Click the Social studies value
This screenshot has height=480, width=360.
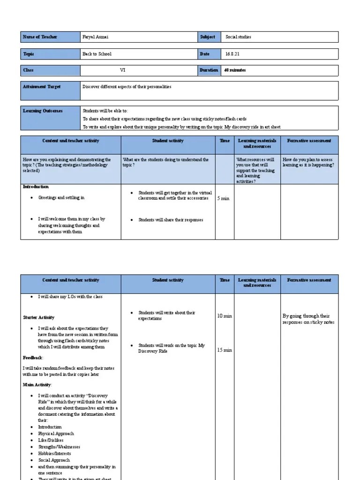(238, 37)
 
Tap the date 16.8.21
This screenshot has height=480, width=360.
(232, 54)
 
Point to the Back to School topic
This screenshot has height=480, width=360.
(97, 54)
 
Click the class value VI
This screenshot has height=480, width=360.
(123, 70)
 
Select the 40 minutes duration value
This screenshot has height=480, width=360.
(235, 70)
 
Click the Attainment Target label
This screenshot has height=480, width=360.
(42, 87)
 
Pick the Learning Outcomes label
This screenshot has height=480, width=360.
(43, 111)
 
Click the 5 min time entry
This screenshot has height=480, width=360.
(224, 199)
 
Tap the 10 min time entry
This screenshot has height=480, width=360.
(224, 316)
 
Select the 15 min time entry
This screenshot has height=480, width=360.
(224, 350)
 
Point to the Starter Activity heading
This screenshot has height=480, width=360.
(39, 317)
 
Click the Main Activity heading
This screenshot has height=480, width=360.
(37, 384)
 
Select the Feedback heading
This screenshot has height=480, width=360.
(33, 358)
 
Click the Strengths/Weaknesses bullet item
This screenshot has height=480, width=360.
(58, 447)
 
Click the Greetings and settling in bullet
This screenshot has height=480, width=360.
(61, 198)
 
